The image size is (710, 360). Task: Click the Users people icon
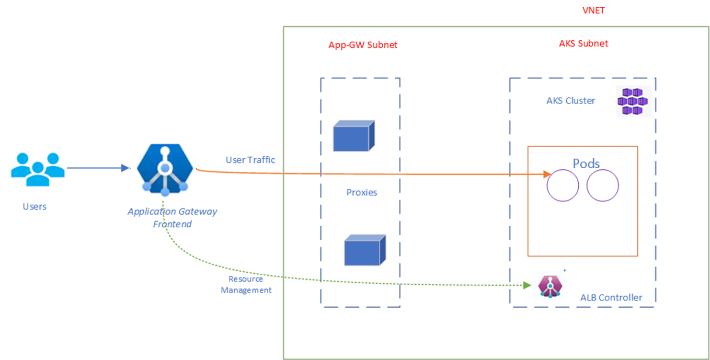click(38, 169)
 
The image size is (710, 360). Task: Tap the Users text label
click(35, 206)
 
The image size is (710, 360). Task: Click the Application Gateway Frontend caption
click(172, 218)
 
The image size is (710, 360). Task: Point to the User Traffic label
click(250, 160)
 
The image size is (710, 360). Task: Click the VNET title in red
click(593, 10)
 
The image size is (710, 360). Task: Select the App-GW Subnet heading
click(362, 45)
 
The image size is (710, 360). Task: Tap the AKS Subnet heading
click(583, 43)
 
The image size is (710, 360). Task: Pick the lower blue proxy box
click(364, 250)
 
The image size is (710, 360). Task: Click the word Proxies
click(361, 192)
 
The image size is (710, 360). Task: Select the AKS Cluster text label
click(570, 101)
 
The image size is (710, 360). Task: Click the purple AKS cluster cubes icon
click(633, 101)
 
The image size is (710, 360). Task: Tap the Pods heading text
click(586, 163)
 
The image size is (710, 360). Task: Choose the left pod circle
click(563, 186)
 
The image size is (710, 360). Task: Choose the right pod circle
click(602, 186)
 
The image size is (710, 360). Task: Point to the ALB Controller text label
click(611, 298)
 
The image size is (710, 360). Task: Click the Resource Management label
click(246, 285)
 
